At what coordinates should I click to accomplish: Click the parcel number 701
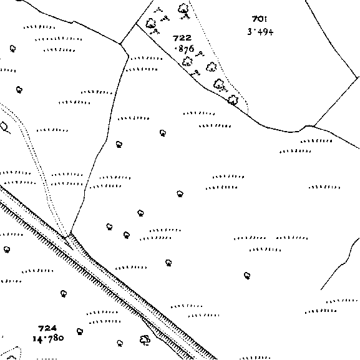pyautogui.click(x=260, y=19)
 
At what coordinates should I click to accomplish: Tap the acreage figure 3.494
pyautogui.click(x=260, y=32)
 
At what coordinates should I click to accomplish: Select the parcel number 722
pyautogui.click(x=182, y=38)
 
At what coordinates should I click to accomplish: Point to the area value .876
pyautogui.click(x=184, y=49)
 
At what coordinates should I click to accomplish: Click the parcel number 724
pyautogui.click(x=47, y=328)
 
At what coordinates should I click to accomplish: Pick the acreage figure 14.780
pyautogui.click(x=48, y=338)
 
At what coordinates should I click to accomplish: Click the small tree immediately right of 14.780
pyautogui.click(x=80, y=331)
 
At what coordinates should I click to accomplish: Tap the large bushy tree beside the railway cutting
pyautogui.click(x=145, y=340)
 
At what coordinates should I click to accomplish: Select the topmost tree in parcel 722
pyautogui.click(x=183, y=9)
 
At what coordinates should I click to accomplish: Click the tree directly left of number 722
pyautogui.click(x=151, y=23)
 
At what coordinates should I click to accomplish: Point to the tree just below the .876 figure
pyautogui.click(x=187, y=61)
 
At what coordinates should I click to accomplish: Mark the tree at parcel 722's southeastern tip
pyautogui.click(x=233, y=100)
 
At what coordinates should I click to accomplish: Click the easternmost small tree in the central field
pyautogui.click(x=247, y=275)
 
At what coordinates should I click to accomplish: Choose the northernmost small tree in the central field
pyautogui.click(x=163, y=133)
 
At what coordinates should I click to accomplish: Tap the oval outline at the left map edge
pyautogui.click(x=4, y=127)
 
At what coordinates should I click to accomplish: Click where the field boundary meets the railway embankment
pyautogui.click(x=71, y=233)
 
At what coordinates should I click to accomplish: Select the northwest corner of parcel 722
pyautogui.click(x=137, y=24)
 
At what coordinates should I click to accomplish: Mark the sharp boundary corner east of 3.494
pyautogui.click(x=358, y=77)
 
